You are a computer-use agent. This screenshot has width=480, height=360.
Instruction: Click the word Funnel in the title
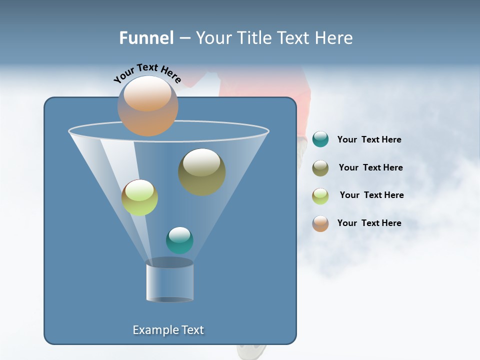tap(146, 38)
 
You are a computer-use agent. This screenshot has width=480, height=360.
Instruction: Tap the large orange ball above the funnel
tap(147, 106)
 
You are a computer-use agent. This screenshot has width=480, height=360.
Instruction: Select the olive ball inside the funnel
tap(201, 172)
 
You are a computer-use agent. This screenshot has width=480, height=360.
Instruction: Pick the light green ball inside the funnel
tap(139, 197)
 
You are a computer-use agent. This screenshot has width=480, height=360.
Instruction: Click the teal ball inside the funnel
tap(179, 240)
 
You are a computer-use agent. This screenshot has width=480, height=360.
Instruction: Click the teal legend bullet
tap(320, 139)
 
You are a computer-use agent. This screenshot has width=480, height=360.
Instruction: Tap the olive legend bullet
tap(320, 167)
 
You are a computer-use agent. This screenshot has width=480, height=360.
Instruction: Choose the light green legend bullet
tap(320, 195)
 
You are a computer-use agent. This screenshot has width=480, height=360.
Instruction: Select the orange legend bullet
tap(320, 223)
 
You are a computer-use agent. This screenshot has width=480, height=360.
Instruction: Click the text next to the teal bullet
tap(369, 139)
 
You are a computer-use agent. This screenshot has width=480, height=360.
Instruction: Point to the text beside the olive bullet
tap(370, 167)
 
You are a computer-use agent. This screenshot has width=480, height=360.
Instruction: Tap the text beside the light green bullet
tap(371, 195)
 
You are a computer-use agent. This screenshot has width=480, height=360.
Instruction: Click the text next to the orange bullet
tap(369, 223)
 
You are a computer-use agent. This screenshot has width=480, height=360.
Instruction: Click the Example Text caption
tap(168, 330)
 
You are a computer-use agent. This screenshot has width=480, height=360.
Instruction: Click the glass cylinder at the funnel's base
tap(169, 281)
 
